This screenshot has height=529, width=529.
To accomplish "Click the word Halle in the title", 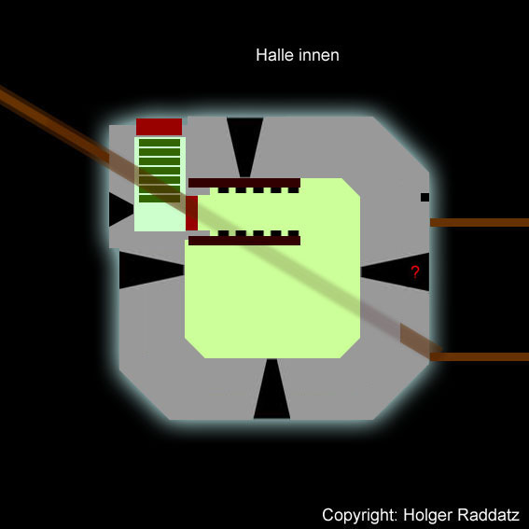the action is pyautogui.click(x=274, y=55).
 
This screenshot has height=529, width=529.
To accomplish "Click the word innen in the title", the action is pyautogui.click(x=318, y=55).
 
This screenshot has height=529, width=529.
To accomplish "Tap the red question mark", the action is pyautogui.click(x=415, y=271).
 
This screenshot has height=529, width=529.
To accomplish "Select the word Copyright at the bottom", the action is pyautogui.click(x=360, y=515).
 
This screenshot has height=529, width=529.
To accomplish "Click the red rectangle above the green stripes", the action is pyautogui.click(x=159, y=127).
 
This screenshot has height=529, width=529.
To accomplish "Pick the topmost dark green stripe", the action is pyautogui.click(x=160, y=143).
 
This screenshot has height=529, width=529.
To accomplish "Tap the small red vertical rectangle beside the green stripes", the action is pyautogui.click(x=191, y=214).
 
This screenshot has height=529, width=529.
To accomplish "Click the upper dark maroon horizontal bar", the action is pyautogui.click(x=244, y=183).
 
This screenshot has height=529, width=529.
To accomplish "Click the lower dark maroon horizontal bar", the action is pyautogui.click(x=244, y=241).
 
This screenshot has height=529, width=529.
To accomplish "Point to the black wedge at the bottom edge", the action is pyautogui.click(x=271, y=391).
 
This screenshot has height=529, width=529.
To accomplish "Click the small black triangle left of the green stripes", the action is pyautogui.click(x=119, y=209).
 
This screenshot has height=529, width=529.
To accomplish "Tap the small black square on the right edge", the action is pyautogui.click(x=425, y=197).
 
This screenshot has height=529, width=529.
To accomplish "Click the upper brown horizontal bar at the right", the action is pyautogui.click(x=480, y=222).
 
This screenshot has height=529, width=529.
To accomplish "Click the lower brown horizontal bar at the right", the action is pyautogui.click(x=480, y=356).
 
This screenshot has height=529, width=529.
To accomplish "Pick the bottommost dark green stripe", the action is pyautogui.click(x=160, y=199).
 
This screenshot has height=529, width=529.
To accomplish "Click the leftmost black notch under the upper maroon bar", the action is pyautogui.click(x=223, y=190).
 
